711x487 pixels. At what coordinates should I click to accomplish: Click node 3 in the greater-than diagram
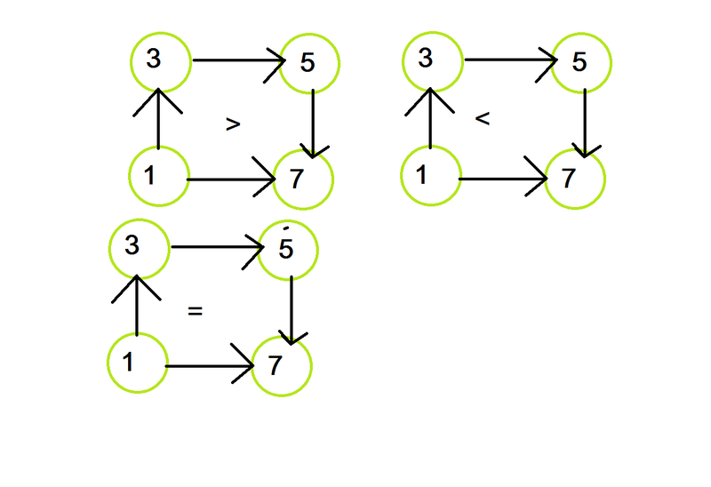(160, 61)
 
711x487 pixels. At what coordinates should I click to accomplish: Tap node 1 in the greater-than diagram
(158, 176)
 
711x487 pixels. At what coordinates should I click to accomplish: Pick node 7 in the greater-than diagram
(304, 180)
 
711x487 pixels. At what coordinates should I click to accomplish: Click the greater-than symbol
(233, 125)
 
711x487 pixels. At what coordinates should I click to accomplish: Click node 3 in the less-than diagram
(432, 61)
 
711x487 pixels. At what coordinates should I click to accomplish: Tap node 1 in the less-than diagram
(430, 176)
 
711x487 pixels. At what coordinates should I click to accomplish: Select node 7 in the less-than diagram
(576, 180)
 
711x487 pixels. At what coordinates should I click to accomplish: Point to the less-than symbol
(483, 118)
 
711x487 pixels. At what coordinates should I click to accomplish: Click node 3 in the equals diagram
(138, 246)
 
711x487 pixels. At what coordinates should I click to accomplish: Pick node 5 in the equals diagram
(287, 250)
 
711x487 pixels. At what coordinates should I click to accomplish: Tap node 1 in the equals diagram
(136, 363)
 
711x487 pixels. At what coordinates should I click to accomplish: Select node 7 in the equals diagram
(282, 366)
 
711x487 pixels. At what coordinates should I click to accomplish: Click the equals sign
(196, 311)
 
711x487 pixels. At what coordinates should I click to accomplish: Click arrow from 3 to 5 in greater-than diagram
(236, 60)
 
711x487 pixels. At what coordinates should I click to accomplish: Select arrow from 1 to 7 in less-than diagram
(502, 180)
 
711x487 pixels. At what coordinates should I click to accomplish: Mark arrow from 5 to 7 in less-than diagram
(585, 121)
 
